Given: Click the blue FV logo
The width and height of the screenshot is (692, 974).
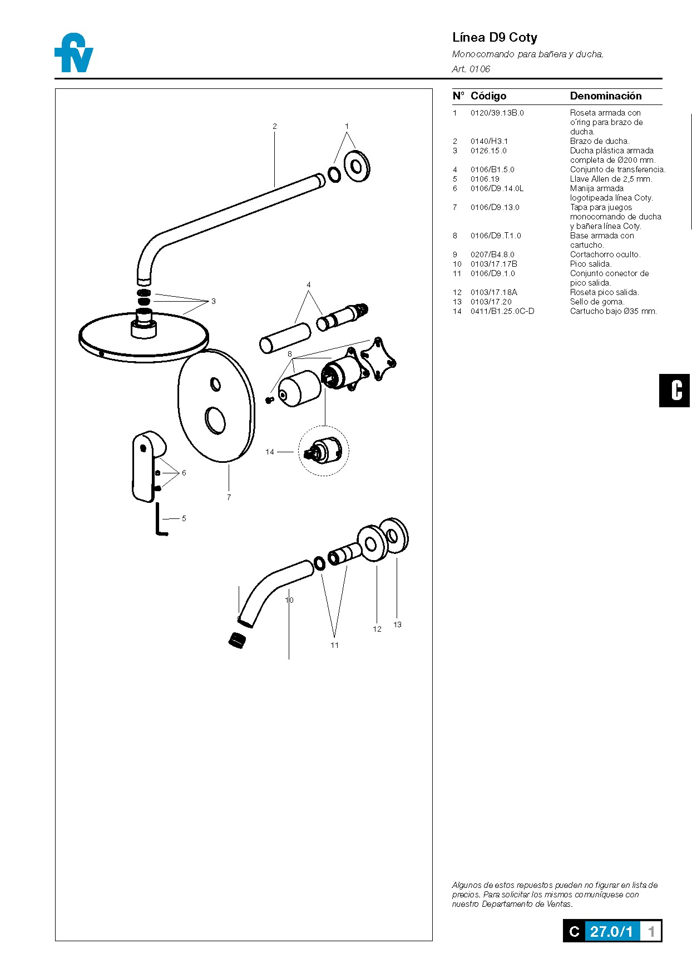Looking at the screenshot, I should (x=74, y=53).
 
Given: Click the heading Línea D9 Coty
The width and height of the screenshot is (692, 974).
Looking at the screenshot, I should (x=495, y=38).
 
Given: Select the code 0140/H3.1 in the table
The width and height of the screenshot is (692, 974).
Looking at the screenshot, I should (x=489, y=141).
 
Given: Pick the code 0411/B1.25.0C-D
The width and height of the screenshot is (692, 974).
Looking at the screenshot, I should (x=502, y=311).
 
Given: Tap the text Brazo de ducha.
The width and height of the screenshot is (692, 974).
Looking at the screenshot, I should (x=599, y=141).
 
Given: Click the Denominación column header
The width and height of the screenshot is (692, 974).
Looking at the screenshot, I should (x=605, y=96).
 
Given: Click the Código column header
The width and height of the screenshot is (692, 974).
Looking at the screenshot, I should (x=488, y=96).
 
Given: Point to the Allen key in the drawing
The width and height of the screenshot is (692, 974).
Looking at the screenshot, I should (x=160, y=520).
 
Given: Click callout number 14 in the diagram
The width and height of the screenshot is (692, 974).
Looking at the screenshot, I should (x=270, y=452).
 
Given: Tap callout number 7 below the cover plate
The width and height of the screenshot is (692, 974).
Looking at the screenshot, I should (x=229, y=497).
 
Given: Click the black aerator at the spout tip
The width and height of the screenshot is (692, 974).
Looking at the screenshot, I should (x=238, y=640).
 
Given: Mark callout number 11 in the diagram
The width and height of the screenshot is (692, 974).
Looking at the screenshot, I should (x=334, y=645).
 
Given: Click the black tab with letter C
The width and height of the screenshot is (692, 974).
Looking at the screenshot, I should (x=675, y=391).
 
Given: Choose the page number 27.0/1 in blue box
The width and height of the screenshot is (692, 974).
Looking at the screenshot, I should (x=611, y=931).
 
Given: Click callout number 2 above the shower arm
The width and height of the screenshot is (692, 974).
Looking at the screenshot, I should (x=274, y=126).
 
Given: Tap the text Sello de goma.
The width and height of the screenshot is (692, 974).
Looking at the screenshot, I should (x=597, y=302).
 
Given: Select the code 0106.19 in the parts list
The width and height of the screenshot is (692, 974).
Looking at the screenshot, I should (x=485, y=179).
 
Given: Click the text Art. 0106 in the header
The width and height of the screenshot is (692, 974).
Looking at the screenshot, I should (x=471, y=69).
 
